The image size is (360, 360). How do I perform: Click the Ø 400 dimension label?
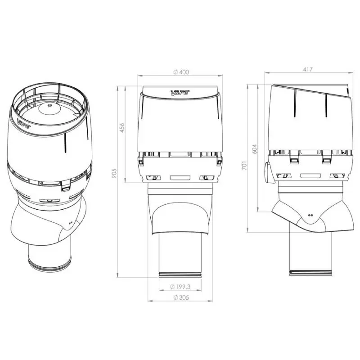click(181, 72)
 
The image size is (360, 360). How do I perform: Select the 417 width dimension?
click(308, 69)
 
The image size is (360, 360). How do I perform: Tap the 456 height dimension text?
click(121, 128)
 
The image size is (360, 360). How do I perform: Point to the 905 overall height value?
click(114, 173)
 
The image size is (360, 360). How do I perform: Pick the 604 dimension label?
click(254, 149)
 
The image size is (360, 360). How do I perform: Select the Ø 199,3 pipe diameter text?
click(180, 287)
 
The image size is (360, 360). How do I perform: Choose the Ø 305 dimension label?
click(181, 297)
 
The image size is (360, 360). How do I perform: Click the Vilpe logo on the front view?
click(180, 93)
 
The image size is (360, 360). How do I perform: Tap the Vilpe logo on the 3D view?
click(24, 123)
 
